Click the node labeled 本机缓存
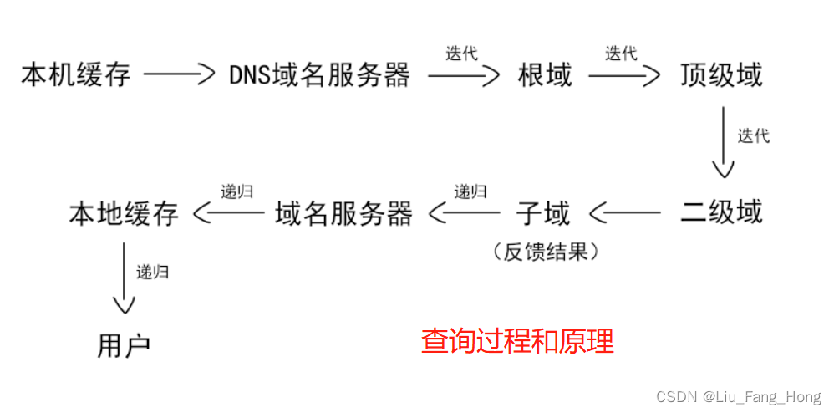pos(76,76)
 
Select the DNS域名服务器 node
pos(320,76)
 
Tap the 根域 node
pos(545,76)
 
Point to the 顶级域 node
pos(721,76)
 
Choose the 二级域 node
pos(721,212)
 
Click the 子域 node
pos(543,213)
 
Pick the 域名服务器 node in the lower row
pos(344,214)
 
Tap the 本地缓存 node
pos(124,214)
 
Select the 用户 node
pos(124,346)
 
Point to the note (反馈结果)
pos(546,252)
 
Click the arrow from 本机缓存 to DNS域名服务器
pos(180,75)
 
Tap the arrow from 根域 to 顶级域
pos(623,76)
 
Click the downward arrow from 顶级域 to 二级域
pos(723,145)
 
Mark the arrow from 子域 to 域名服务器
pos(465,214)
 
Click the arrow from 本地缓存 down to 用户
pos(124,279)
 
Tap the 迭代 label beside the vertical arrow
pos(753,136)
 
